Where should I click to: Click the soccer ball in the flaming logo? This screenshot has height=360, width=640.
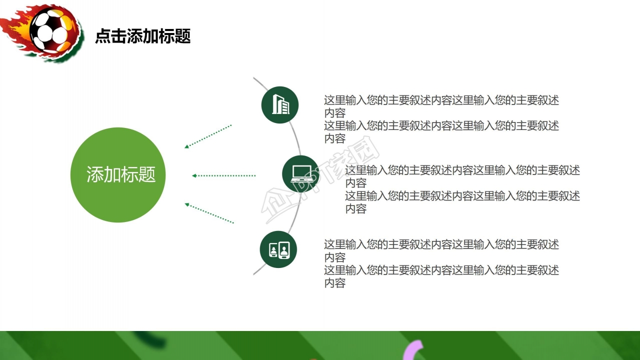pyautogui.click(x=50, y=30)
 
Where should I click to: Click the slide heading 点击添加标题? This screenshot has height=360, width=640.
pyautogui.click(x=143, y=36)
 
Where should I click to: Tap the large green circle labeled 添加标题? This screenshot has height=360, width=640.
pyautogui.click(x=118, y=175)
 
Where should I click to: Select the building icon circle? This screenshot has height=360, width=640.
pyautogui.click(x=280, y=105)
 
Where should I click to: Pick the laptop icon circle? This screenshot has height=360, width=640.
pyautogui.click(x=300, y=174)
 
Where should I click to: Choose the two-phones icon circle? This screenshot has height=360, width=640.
pyautogui.click(x=278, y=249)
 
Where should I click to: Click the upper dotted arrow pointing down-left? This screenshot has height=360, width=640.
pyautogui.click(x=208, y=136)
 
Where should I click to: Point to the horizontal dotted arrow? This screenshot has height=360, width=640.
pyautogui.click(x=224, y=175)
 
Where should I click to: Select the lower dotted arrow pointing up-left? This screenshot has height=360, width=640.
pyautogui.click(x=209, y=213)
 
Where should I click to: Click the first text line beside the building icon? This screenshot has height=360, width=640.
pyautogui.click(x=441, y=100)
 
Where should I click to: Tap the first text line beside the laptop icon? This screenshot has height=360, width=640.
pyautogui.click(x=462, y=170)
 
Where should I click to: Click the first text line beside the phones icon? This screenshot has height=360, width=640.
pyautogui.click(x=441, y=244)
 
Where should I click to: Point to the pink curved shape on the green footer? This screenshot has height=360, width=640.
pyautogui.click(x=414, y=349)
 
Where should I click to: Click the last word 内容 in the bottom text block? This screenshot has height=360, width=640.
pyautogui.click(x=334, y=283)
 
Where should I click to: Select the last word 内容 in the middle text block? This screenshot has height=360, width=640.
pyautogui.click(x=355, y=209)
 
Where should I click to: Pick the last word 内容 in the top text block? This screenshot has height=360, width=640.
pyautogui.click(x=334, y=138)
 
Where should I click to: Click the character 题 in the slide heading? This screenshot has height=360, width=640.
pyautogui.click(x=183, y=36)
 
